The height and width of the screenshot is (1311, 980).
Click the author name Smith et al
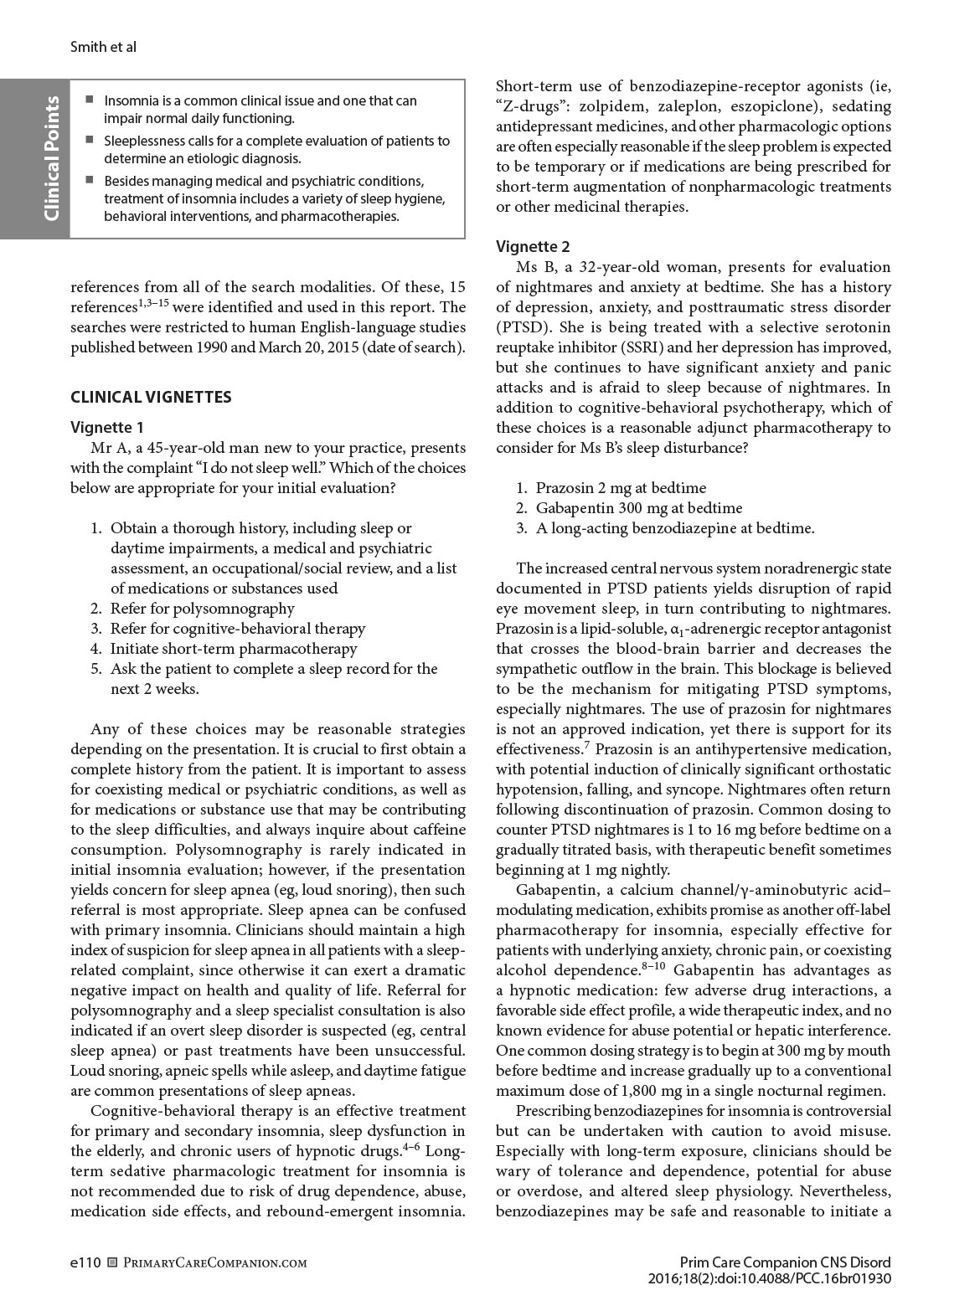coord(102,48)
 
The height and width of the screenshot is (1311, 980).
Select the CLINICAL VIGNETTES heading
coord(151,397)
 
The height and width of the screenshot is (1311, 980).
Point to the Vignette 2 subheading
coord(533,246)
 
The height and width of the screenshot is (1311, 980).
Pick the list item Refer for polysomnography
coord(202,609)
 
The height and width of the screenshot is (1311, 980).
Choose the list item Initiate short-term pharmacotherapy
coord(233,649)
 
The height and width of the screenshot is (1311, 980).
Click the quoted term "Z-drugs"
coord(532,107)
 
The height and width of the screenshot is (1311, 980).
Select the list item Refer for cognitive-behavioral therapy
coord(237,629)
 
